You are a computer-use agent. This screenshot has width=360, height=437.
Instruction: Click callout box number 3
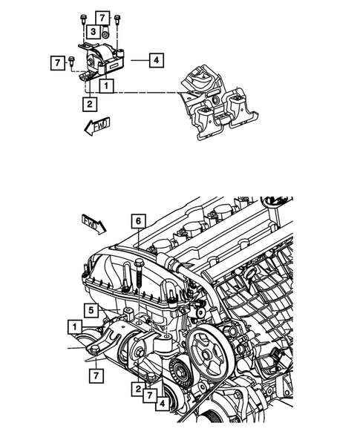92,32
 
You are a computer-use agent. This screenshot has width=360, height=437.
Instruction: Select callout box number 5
88,310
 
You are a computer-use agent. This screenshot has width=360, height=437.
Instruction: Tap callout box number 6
138,220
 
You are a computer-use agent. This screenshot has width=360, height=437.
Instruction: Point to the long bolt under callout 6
139,276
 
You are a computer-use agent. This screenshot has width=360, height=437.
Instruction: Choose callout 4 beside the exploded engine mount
155,60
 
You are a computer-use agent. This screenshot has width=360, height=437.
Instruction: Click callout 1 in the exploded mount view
108,87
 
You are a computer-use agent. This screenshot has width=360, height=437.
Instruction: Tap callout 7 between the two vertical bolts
102,17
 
